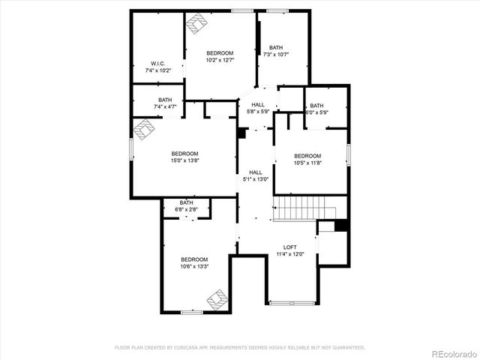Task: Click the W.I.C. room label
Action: tap(157, 63)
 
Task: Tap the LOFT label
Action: tap(289, 247)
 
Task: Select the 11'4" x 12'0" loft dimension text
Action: tap(289, 255)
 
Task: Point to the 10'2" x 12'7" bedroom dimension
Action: tap(220, 60)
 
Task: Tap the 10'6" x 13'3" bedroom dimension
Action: tap(193, 266)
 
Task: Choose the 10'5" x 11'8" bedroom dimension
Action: tap(307, 163)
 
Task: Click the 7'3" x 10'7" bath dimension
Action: tap(276, 54)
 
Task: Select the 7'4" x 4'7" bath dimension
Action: tap(164, 107)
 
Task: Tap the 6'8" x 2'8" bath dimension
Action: tap(186, 209)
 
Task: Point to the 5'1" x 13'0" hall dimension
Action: tap(256, 179)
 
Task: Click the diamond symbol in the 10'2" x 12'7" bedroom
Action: tap(196, 25)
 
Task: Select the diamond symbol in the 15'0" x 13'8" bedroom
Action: tap(142, 131)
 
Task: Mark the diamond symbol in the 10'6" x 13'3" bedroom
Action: tap(217, 300)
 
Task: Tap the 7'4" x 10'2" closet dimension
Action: tap(157, 70)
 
